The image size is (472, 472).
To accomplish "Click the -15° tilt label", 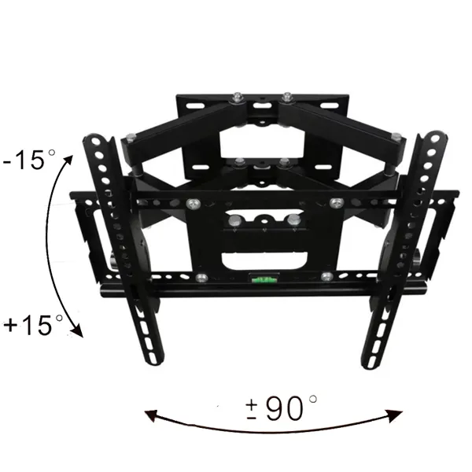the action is point(29,160).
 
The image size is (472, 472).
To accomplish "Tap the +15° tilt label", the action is point(33,325).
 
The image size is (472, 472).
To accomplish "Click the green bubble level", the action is point(264,280).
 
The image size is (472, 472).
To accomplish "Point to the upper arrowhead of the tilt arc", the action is point(68,160).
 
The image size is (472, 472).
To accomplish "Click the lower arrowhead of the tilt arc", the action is point(77,330).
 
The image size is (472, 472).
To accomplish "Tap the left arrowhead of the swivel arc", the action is point(151,415).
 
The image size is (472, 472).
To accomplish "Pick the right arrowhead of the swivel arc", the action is point(395,415).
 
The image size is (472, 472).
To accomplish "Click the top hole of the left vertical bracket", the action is point(96,141).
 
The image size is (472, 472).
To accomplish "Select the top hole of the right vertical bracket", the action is point(435,138).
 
